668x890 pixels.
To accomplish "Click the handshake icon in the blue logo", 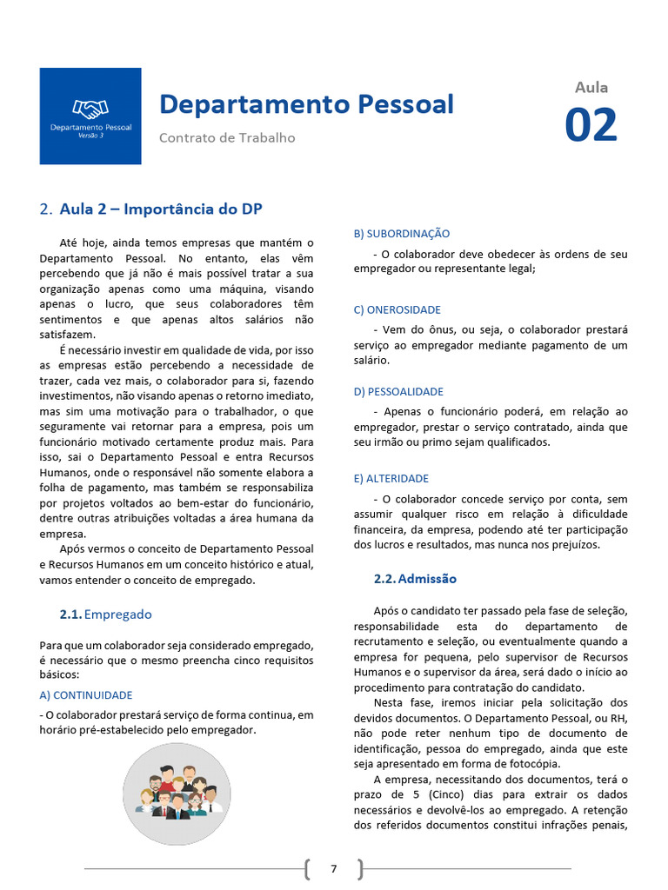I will point(90,109).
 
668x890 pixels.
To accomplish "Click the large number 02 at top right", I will point(591,125).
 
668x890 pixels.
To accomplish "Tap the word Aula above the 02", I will point(591,87).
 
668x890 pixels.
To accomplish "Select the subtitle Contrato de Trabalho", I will point(227,137).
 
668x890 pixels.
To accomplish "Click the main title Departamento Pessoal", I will point(306,104).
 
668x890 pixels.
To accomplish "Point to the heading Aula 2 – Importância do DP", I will point(161,209).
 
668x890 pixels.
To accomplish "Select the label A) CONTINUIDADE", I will point(86,695).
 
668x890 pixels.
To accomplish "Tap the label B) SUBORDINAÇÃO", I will point(402,234).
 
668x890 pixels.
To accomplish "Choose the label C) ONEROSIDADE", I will point(397,309).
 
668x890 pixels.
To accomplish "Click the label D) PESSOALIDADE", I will point(398,391).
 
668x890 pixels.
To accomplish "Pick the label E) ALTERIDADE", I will point(391,478).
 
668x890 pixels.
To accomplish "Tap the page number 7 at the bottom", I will point(333,868).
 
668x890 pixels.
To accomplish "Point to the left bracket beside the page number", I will point(309,868).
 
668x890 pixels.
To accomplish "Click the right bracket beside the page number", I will point(359,868).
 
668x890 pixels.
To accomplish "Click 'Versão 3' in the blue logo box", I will point(90,136).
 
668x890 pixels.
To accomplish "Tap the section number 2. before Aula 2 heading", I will point(46,209).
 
